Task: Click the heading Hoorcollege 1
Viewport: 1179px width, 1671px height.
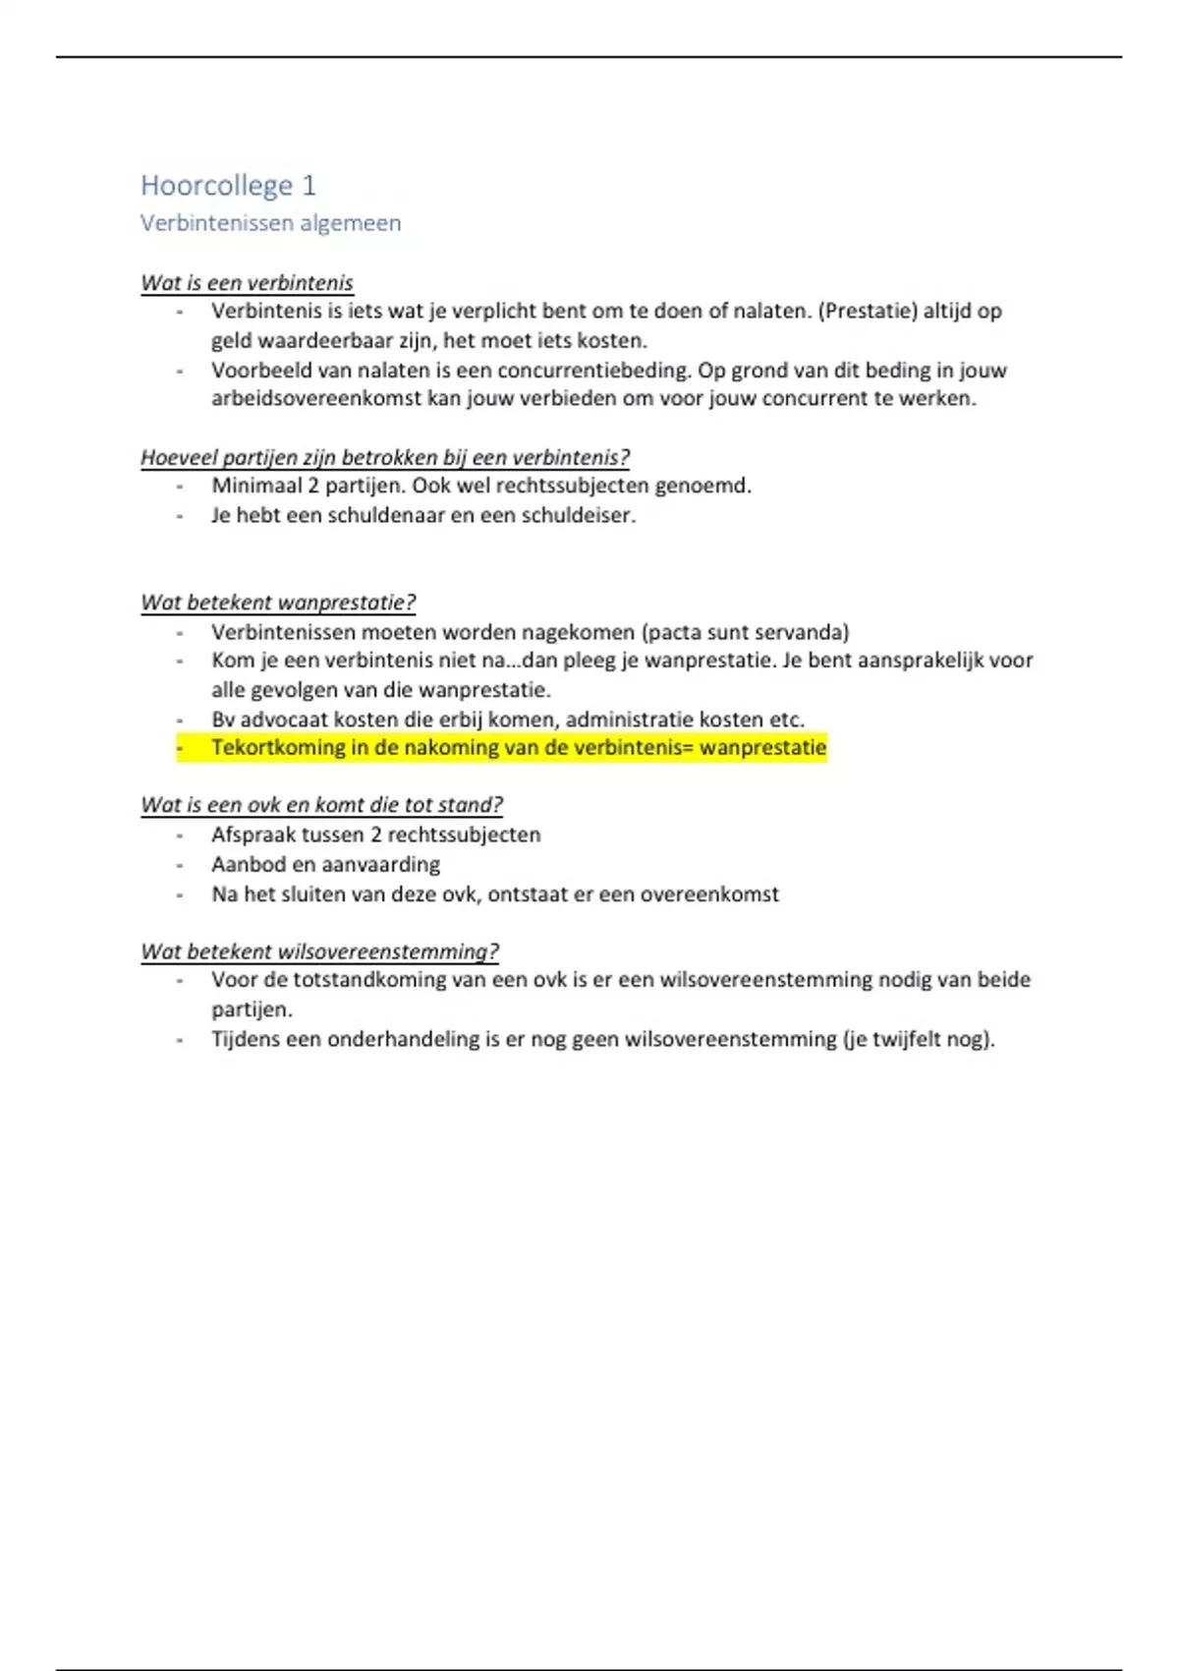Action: tap(228, 185)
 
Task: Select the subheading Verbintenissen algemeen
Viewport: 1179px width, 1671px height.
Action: tap(270, 223)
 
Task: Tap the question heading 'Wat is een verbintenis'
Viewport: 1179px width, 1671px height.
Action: tap(247, 283)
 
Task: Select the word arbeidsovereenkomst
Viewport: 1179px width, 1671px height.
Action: tap(315, 399)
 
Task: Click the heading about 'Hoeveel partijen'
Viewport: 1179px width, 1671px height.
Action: tap(384, 457)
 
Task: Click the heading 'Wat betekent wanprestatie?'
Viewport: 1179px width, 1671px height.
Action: tap(278, 603)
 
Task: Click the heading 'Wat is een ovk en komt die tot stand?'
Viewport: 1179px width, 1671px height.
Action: tap(321, 805)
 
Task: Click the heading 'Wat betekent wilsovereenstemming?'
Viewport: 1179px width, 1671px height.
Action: tap(319, 951)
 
